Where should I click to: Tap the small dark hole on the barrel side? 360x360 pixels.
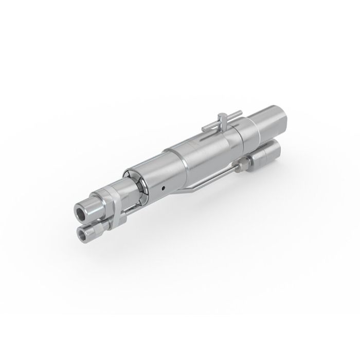163,188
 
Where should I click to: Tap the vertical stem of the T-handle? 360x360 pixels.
220,126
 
